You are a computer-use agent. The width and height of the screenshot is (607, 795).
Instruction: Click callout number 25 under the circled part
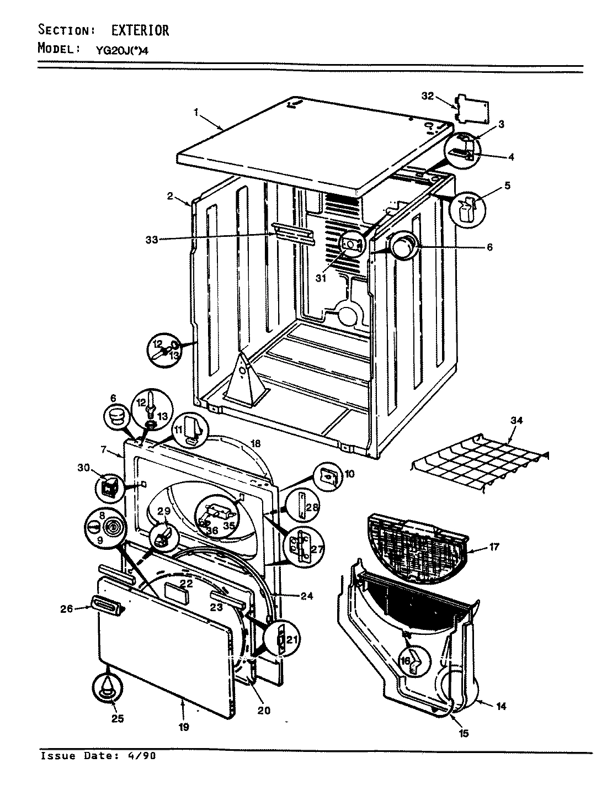(117, 718)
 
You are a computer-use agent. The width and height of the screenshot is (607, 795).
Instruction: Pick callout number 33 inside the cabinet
(152, 240)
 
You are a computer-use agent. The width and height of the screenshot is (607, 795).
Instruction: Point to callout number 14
(502, 706)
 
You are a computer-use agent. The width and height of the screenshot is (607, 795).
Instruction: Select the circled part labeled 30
(108, 487)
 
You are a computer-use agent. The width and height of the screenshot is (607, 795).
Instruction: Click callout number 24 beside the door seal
(307, 596)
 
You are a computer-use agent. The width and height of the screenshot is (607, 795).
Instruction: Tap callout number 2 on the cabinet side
(171, 195)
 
